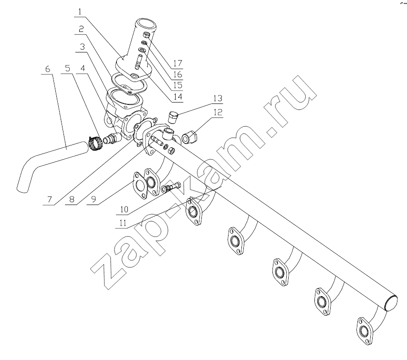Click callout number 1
[80, 11]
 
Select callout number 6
[47, 69]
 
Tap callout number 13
[218, 98]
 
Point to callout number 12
[218, 113]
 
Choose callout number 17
[178, 63]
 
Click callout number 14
[178, 97]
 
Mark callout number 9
[94, 199]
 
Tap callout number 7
[50, 199]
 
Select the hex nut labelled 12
[190, 137]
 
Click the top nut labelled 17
[146, 34]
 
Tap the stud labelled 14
[138, 62]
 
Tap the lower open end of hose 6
[22, 190]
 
